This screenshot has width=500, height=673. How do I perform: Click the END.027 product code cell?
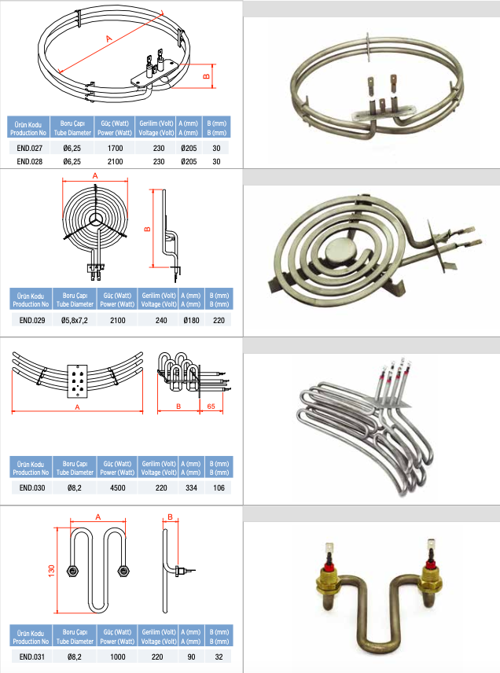[30, 148]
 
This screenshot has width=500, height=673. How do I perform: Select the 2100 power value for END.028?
[115, 161]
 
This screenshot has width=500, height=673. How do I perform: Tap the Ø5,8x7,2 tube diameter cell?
[74, 320]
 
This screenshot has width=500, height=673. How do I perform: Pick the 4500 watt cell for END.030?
[118, 487]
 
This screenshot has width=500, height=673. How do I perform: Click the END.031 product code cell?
[31, 656]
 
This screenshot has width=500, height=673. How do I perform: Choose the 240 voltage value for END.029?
[161, 320]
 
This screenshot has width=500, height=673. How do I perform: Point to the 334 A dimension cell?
[191, 487]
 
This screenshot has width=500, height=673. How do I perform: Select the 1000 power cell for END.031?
[118, 656]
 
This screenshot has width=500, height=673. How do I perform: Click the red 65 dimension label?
[211, 406]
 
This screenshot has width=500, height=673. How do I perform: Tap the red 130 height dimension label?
[52, 571]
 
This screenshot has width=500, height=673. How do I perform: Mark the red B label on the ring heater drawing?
[207, 76]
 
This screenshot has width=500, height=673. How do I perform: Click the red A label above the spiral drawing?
[95, 175]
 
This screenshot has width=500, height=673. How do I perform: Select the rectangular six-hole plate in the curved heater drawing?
[77, 381]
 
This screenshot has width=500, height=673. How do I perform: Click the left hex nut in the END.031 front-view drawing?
[72, 572]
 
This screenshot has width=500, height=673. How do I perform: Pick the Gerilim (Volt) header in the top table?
[156, 128]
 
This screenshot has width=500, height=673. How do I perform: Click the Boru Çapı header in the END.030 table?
[75, 468]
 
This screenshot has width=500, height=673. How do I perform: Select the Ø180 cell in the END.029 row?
[191, 320]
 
